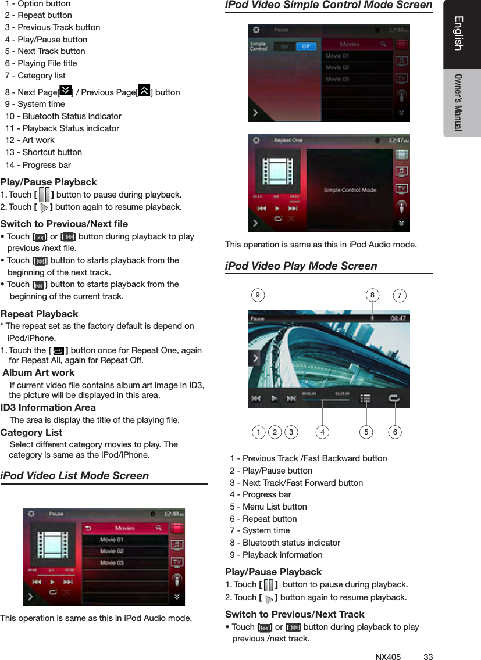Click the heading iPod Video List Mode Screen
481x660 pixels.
click(x=74, y=476)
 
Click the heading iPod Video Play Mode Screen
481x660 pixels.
click(x=301, y=266)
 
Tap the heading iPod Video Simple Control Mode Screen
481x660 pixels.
click(x=329, y=6)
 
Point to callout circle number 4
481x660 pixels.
click(x=322, y=432)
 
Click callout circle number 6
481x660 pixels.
click(x=395, y=432)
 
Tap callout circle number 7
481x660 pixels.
click(x=400, y=296)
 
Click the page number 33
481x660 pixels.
click(x=428, y=657)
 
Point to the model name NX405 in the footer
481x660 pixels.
click(x=388, y=657)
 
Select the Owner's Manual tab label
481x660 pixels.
click(x=459, y=102)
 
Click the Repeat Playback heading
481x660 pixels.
click(x=40, y=314)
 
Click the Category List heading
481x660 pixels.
click(x=31, y=432)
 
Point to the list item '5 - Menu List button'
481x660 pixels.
click(x=268, y=507)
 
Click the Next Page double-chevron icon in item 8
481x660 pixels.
click(x=65, y=91)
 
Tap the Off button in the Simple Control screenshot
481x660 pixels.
click(x=304, y=46)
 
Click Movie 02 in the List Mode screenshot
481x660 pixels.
click(x=112, y=551)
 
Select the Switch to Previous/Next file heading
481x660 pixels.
click(x=64, y=224)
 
